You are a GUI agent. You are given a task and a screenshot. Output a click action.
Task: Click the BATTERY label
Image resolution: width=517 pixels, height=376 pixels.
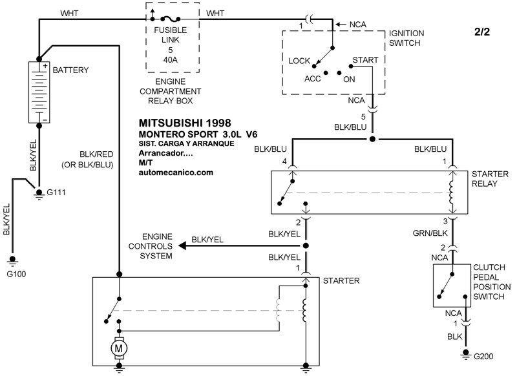70,70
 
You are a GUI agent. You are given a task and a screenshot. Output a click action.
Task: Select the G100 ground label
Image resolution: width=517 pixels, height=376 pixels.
17,275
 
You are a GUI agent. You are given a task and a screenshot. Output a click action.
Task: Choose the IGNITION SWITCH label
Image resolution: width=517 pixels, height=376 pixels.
405,38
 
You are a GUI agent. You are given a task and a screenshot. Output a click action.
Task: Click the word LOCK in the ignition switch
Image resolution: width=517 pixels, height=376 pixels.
300,61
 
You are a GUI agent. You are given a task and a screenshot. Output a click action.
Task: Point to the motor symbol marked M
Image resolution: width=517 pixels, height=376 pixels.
119,350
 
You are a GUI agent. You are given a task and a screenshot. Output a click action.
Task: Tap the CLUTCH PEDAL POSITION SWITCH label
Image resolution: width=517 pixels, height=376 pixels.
492,282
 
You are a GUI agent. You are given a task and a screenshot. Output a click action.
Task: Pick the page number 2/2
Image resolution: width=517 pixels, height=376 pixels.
482,32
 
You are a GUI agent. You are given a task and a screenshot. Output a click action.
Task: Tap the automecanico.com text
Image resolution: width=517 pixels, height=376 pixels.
176,173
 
